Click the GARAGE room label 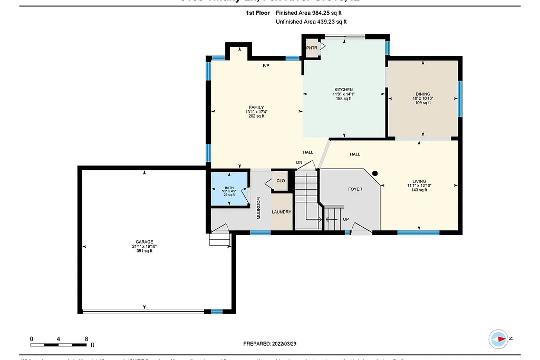coord(144,242)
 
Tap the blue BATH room coord(229,190)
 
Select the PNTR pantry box coord(312,48)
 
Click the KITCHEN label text coord(343,90)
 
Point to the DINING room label coord(422,94)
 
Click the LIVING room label coord(420,181)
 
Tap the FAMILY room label coord(256,108)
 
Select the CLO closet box coord(281,181)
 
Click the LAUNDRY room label coord(281,212)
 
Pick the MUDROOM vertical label coord(259,208)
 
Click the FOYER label coord(355,189)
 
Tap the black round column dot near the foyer coord(375,173)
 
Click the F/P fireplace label coord(266,66)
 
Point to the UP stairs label coord(346,219)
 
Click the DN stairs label coord(299,162)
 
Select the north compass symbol coord(498,338)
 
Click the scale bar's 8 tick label coord(86,339)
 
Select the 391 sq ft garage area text coord(144,251)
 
